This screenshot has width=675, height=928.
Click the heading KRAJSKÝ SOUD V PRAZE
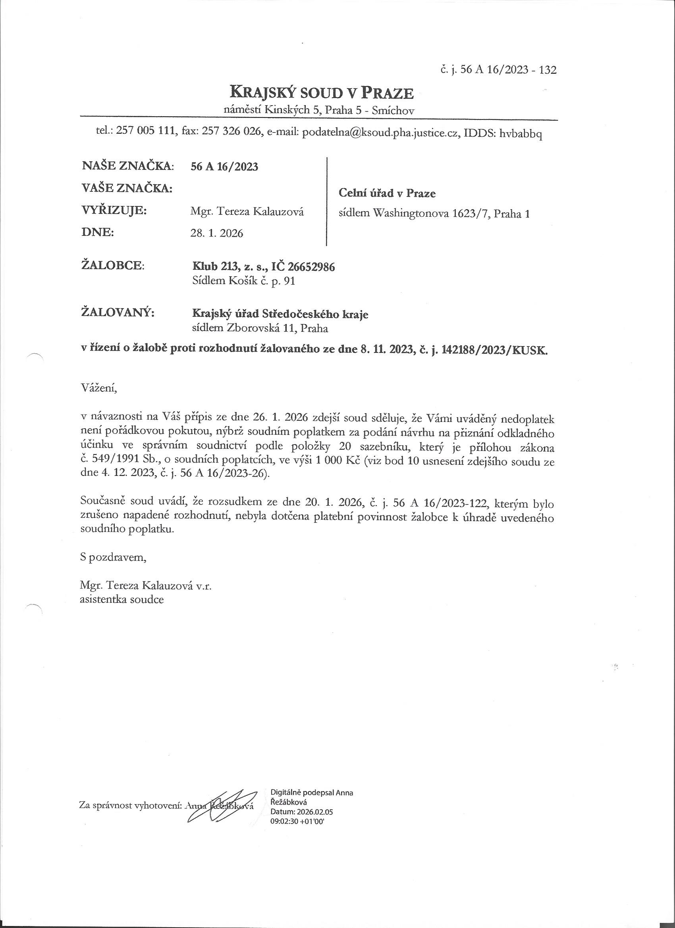(x=322, y=93)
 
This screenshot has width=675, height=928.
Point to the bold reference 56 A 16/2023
(x=225, y=167)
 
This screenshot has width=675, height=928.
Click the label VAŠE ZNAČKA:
(x=127, y=189)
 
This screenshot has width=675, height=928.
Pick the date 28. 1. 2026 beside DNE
(x=216, y=233)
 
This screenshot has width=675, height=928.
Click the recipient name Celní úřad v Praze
(x=387, y=193)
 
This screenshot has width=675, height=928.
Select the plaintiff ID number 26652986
(x=311, y=267)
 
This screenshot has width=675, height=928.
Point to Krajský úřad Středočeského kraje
(x=280, y=314)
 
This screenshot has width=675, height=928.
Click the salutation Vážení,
(x=98, y=388)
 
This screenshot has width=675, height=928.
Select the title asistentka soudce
(x=122, y=599)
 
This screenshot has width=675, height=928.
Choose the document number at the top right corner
(x=498, y=70)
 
